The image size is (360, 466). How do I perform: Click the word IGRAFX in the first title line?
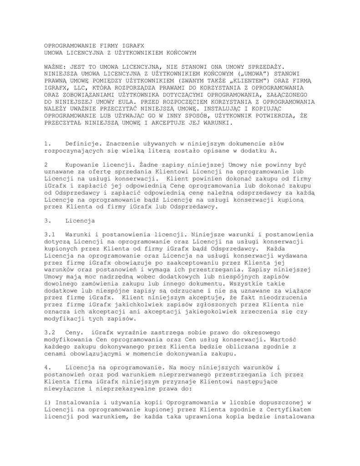click(132, 46)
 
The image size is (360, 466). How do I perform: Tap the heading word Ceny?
click(74, 333)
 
